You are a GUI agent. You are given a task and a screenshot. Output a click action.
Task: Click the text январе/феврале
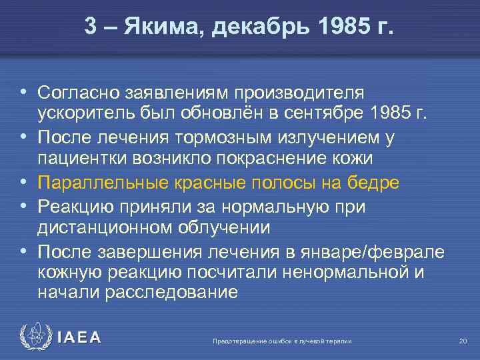point(363,251)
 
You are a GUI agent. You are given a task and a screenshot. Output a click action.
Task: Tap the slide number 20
point(463,341)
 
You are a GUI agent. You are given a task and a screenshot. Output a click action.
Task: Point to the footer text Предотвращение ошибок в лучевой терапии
point(281,341)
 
